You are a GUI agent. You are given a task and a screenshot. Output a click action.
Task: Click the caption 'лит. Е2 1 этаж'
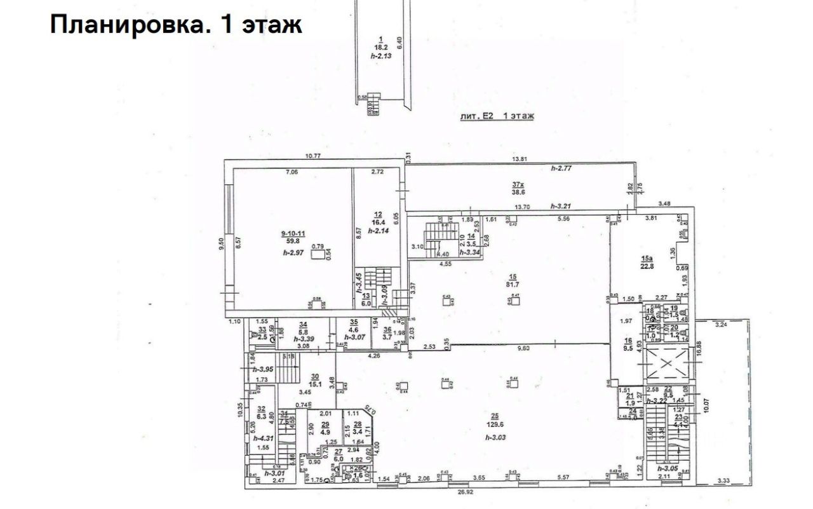[497, 116]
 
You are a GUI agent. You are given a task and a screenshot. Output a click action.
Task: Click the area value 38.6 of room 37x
[518, 193]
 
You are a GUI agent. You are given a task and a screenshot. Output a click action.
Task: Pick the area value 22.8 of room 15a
[647, 266]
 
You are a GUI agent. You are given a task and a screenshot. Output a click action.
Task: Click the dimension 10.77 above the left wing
[312, 156]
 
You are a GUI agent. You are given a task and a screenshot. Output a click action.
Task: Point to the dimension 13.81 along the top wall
[521, 158]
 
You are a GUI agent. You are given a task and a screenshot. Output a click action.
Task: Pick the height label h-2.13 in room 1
[382, 56]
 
